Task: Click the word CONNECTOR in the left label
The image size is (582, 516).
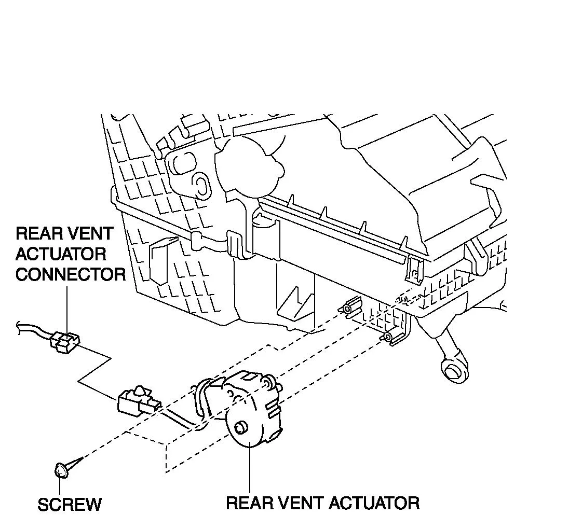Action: [x=71, y=274]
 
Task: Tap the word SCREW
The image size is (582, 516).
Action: [x=70, y=504]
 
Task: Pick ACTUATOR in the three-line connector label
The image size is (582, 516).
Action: [x=61, y=254]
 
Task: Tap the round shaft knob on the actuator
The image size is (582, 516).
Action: [x=240, y=428]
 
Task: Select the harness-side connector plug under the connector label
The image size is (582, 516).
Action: [x=65, y=342]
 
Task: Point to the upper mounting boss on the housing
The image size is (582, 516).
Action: [x=347, y=310]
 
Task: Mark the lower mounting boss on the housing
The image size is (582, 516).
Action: [x=388, y=337]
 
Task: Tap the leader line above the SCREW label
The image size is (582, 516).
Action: [x=60, y=486]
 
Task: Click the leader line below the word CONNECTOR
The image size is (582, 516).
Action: [x=66, y=306]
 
